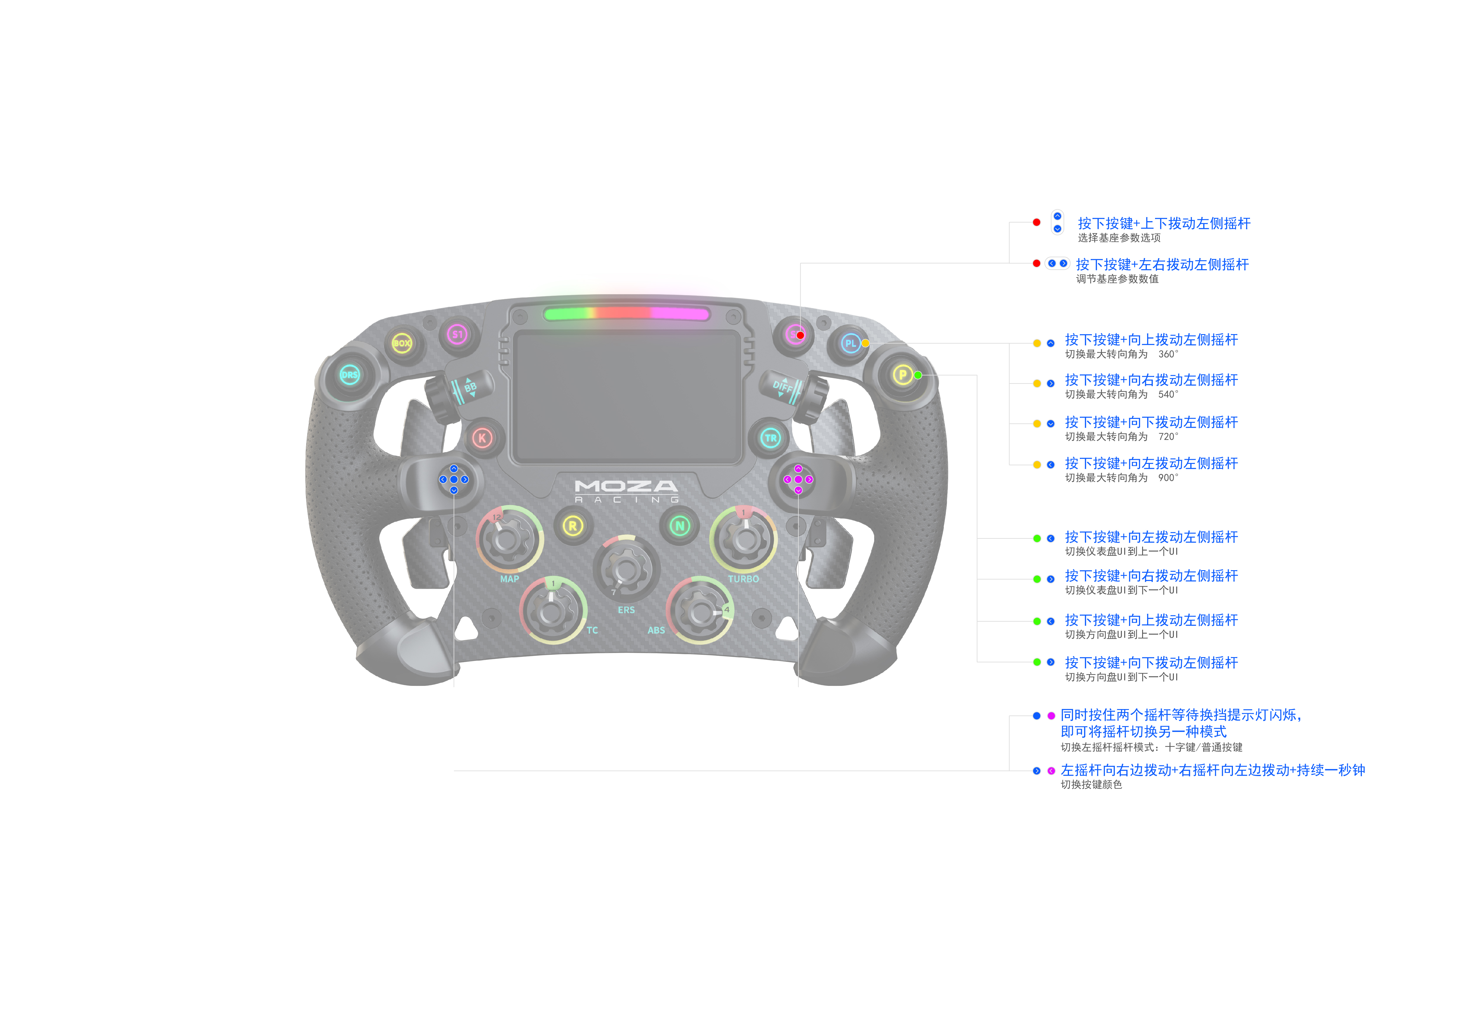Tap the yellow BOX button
coord(401,343)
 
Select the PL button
coord(850,343)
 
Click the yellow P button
coord(902,374)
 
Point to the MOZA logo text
coord(626,486)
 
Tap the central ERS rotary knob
coord(626,569)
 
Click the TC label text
coord(592,630)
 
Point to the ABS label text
coord(656,630)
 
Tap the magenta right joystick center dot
coord(798,479)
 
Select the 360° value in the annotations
coord(1168,354)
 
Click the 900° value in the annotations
coord(1168,478)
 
